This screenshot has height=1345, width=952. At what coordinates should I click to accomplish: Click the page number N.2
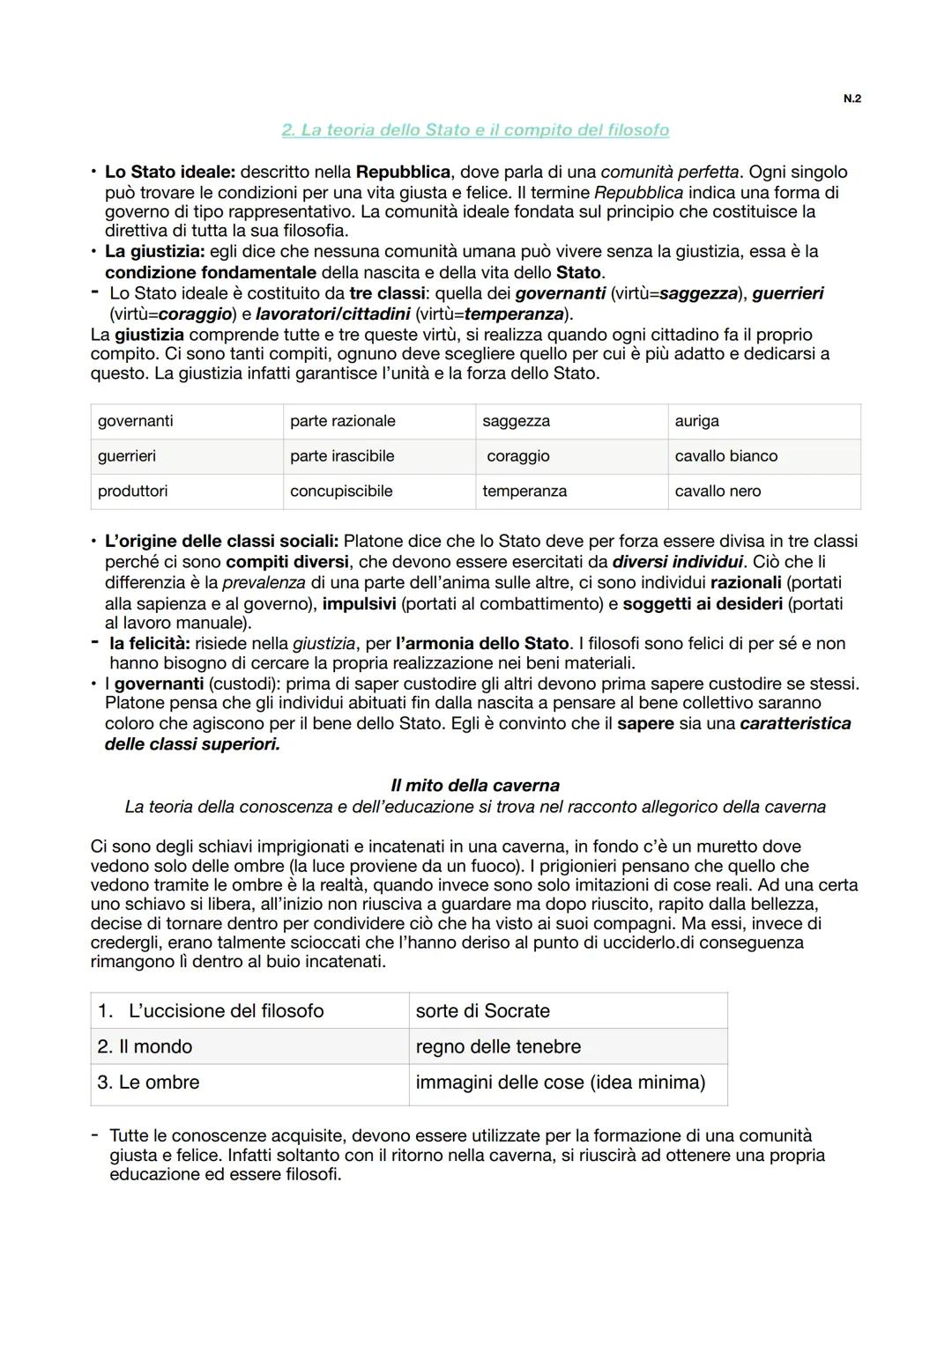pos(852,99)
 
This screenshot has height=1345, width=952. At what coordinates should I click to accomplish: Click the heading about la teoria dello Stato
pos(475,130)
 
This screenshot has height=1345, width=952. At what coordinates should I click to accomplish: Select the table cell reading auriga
pos(763,421)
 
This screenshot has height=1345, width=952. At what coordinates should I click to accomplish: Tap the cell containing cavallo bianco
pos(763,456)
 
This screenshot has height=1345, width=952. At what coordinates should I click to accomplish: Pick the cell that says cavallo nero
pos(763,491)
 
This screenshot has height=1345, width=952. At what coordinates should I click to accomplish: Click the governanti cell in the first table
pos(186,421)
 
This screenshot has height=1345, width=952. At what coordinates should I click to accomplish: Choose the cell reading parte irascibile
pos(379,456)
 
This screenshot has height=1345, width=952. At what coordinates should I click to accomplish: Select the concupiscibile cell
pos(379,491)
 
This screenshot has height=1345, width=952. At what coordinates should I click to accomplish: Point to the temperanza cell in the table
pos(571,491)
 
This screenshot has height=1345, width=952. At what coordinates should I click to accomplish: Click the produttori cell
pos(186,491)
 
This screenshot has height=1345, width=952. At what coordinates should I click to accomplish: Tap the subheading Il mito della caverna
pos(475,785)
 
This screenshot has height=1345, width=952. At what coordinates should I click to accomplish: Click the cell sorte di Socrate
pos(568,1011)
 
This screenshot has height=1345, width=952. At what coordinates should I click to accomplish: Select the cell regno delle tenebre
pos(568,1046)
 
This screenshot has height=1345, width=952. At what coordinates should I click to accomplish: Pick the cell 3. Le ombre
pos(249,1083)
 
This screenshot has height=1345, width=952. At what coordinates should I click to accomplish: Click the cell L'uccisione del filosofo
pos(249,1011)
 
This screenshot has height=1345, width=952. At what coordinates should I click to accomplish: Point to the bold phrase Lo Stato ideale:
pos(169,172)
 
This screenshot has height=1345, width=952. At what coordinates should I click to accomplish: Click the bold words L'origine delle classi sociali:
pos(221,541)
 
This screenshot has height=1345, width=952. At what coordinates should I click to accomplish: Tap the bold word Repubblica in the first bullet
pos(403,172)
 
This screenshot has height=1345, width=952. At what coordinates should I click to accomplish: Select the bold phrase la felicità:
pos(149,644)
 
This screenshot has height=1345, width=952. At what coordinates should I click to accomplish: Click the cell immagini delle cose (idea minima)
pos(568,1083)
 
